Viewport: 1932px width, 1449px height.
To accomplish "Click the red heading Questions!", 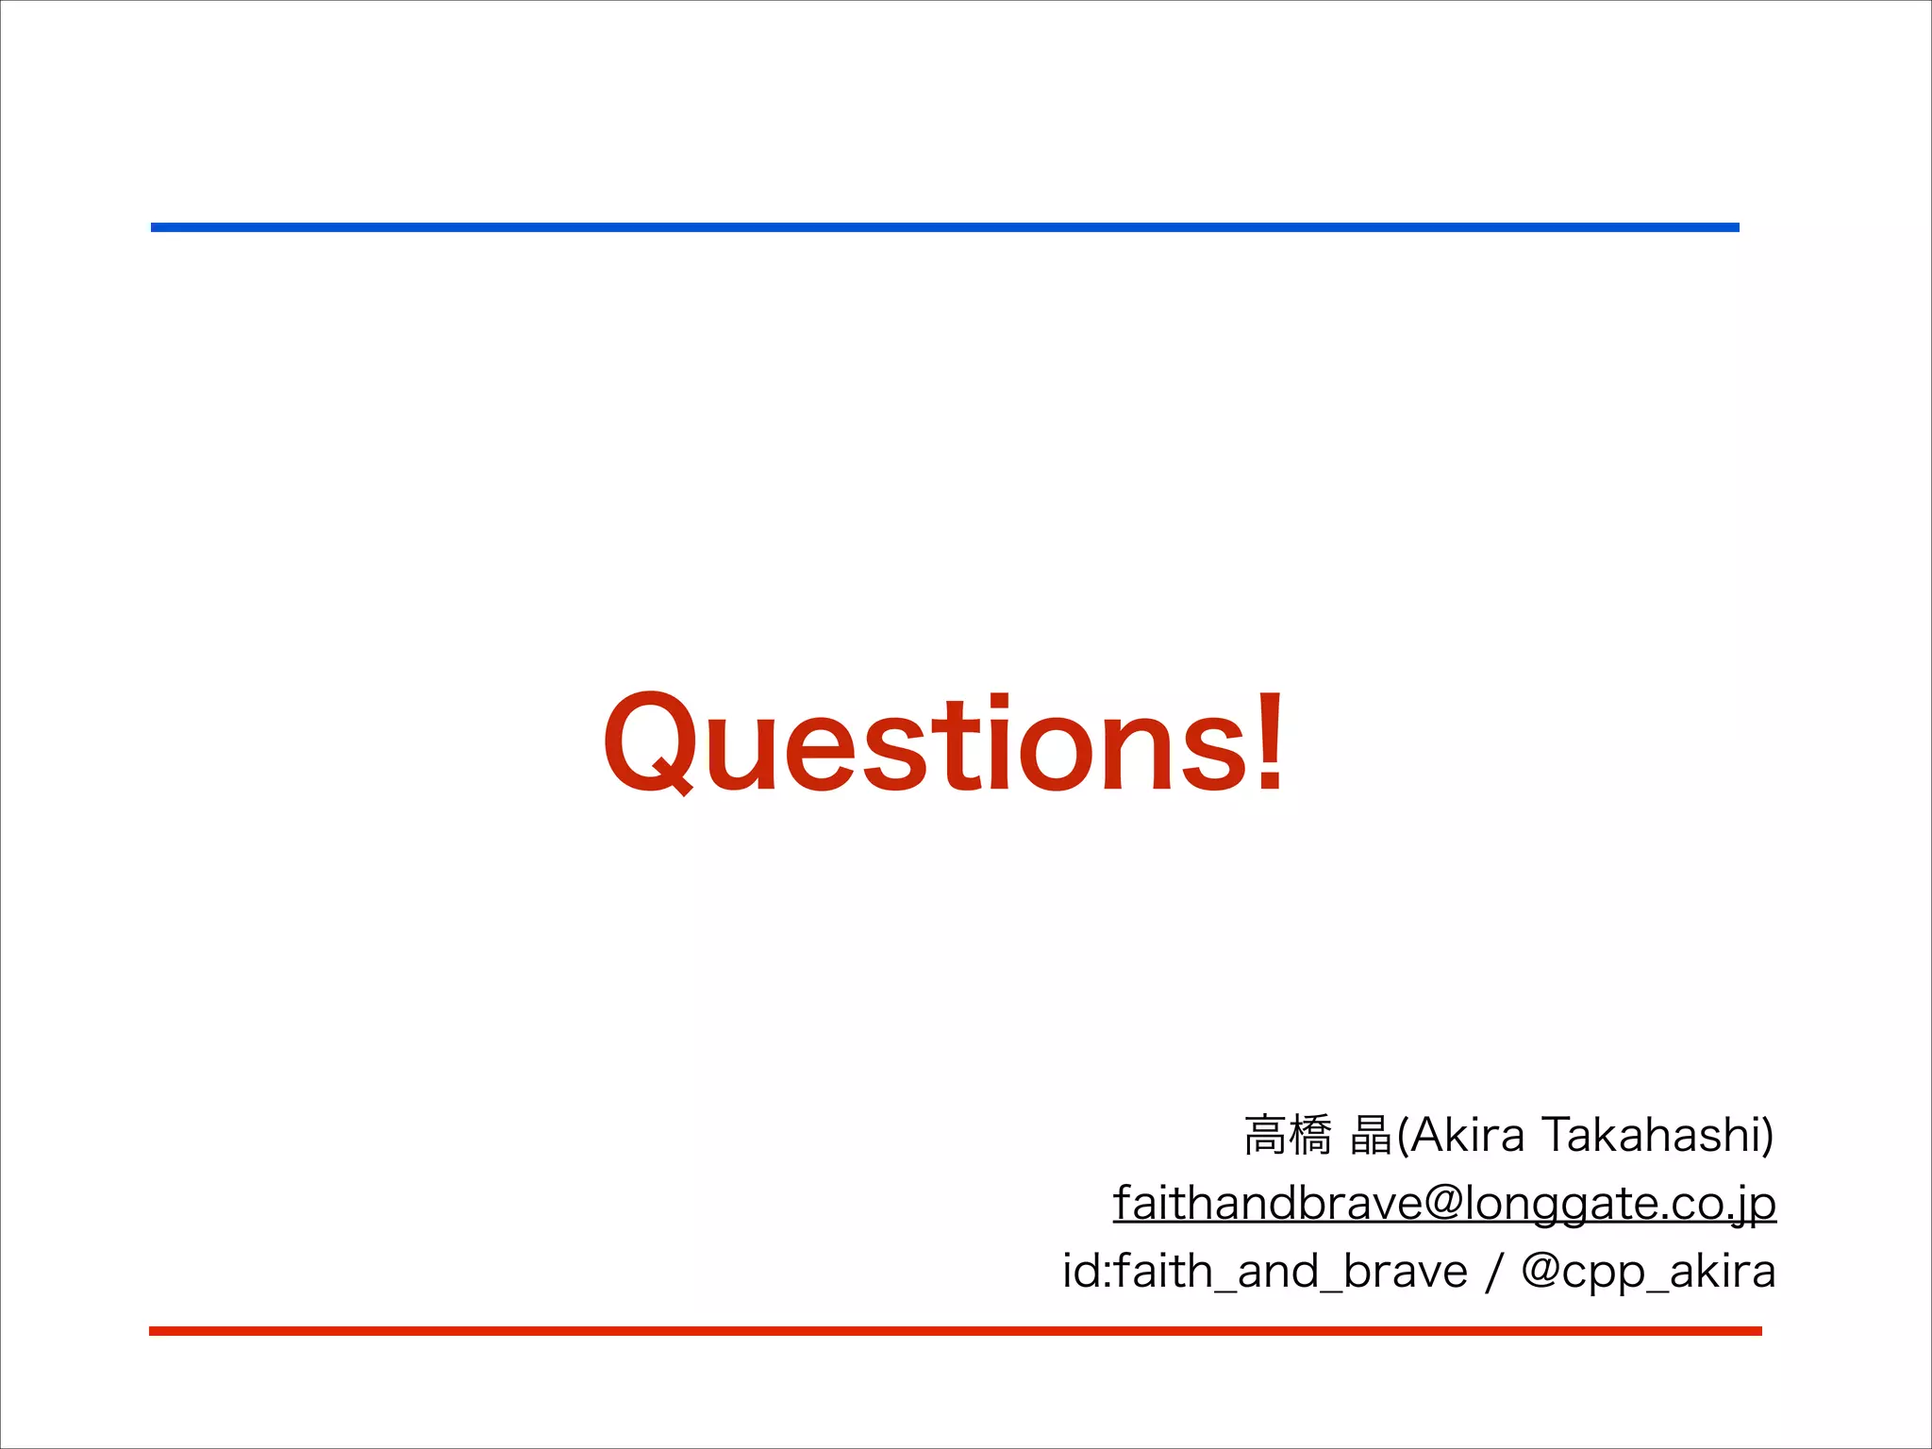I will pyautogui.click(x=943, y=743).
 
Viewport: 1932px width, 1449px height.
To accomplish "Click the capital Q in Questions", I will pyautogui.click(x=651, y=743).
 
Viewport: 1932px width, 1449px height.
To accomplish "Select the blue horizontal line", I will pyautogui.click(x=943, y=227).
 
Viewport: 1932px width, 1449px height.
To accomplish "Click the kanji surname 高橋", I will pyautogui.click(x=1288, y=1136).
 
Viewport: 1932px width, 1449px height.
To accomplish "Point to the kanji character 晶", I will pyautogui.click(x=1371, y=1136).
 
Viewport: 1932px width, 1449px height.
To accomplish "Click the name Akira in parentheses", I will pyautogui.click(x=1468, y=1135).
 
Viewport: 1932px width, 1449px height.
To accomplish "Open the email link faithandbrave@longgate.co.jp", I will pyautogui.click(x=1444, y=1204).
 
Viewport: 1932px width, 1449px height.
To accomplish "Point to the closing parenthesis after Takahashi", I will pyautogui.click(x=1767, y=1136).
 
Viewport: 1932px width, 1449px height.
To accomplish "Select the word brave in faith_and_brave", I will pyautogui.click(x=1405, y=1272).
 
